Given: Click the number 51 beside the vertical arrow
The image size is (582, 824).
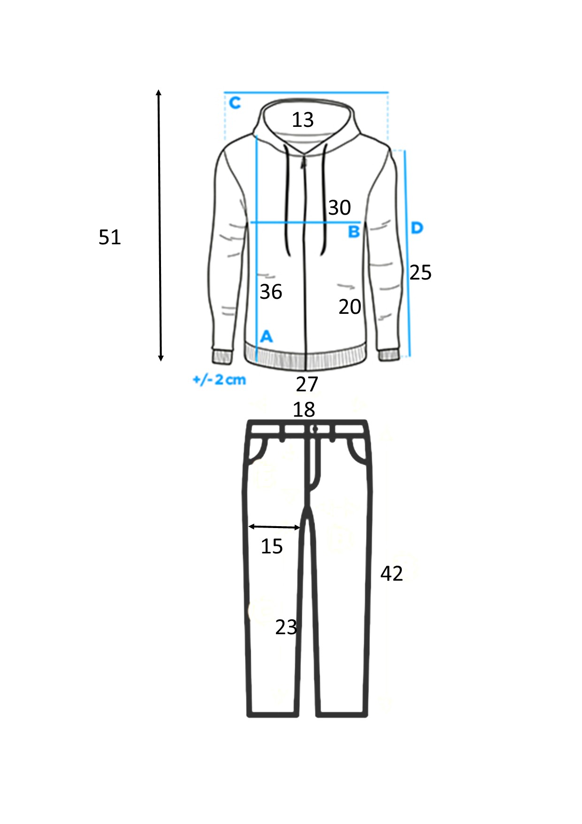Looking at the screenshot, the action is point(110,237).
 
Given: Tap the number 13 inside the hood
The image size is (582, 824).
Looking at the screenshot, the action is point(303,120).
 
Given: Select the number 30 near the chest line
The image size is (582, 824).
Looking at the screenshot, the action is point(339,208).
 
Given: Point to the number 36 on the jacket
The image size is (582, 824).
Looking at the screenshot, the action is point(271,292).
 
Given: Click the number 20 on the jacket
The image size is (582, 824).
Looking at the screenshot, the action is point(350,307).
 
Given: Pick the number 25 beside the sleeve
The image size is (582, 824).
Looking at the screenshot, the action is point(421,272).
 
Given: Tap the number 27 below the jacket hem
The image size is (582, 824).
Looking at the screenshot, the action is point(307,384).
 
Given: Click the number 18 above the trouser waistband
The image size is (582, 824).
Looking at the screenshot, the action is point(304,410).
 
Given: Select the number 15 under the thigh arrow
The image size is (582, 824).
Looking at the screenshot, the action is point(272,546).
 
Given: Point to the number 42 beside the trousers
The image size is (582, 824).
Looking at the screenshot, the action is point(391,574).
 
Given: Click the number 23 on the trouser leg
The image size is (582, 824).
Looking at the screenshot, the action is point(286,627).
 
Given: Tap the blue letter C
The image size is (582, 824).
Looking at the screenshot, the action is point(235,102).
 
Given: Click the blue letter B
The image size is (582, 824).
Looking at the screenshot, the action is point(354,232).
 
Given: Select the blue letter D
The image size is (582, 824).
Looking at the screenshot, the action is point(417,228).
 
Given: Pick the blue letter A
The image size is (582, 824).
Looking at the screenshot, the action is point(266,336).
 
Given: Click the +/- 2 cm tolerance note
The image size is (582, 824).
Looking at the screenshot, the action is point(219,380).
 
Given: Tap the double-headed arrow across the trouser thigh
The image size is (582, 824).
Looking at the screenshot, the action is point(274,527).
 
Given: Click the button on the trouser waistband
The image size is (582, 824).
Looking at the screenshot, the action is point(314,429).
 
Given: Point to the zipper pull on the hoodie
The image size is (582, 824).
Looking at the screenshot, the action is point(303,162).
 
